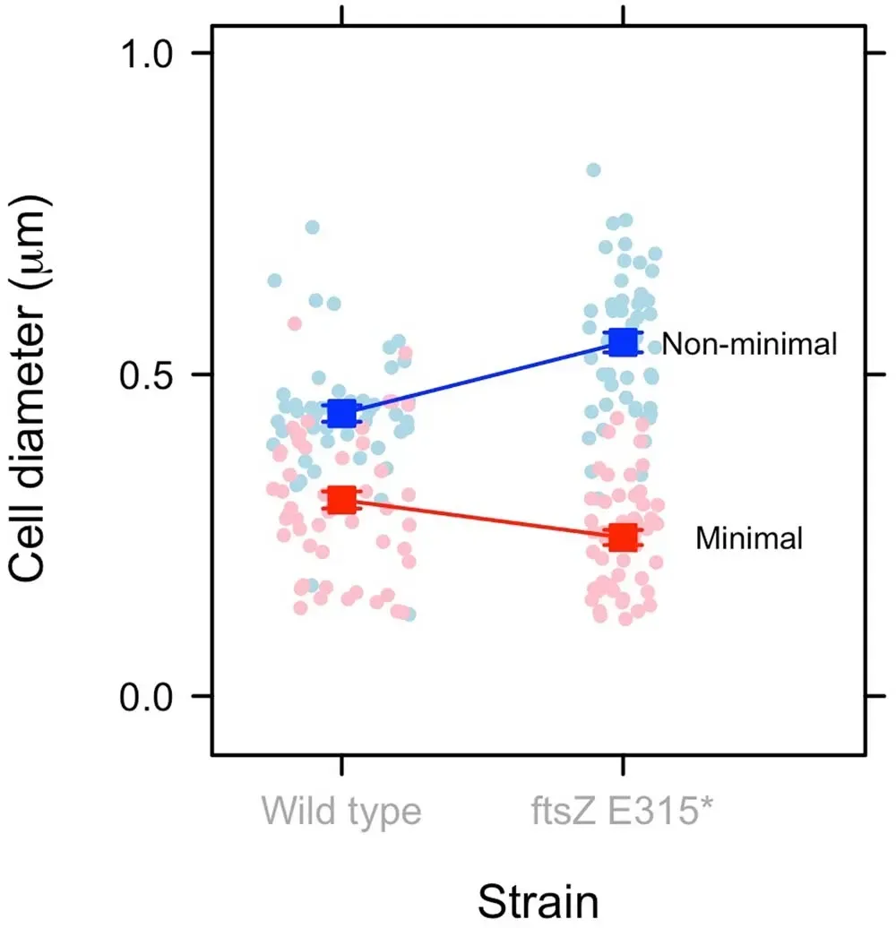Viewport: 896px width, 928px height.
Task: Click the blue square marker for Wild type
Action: (x=341, y=414)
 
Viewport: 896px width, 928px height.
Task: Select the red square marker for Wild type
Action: (x=341, y=500)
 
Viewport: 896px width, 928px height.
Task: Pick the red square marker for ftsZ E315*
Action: (x=623, y=537)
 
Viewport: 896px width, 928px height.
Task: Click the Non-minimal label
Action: (x=749, y=343)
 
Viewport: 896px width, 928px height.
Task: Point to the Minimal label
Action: (x=749, y=538)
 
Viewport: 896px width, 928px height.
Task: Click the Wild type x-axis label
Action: (x=341, y=811)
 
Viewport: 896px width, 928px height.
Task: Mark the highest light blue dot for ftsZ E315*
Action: (x=593, y=170)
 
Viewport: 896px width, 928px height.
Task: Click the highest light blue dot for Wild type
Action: (x=312, y=228)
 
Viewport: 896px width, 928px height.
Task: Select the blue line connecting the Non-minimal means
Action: (x=484, y=377)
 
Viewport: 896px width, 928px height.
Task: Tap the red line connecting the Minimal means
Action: (x=484, y=520)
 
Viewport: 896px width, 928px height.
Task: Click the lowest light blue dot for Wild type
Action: (x=409, y=614)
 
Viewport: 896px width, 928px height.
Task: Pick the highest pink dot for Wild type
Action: (x=294, y=323)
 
